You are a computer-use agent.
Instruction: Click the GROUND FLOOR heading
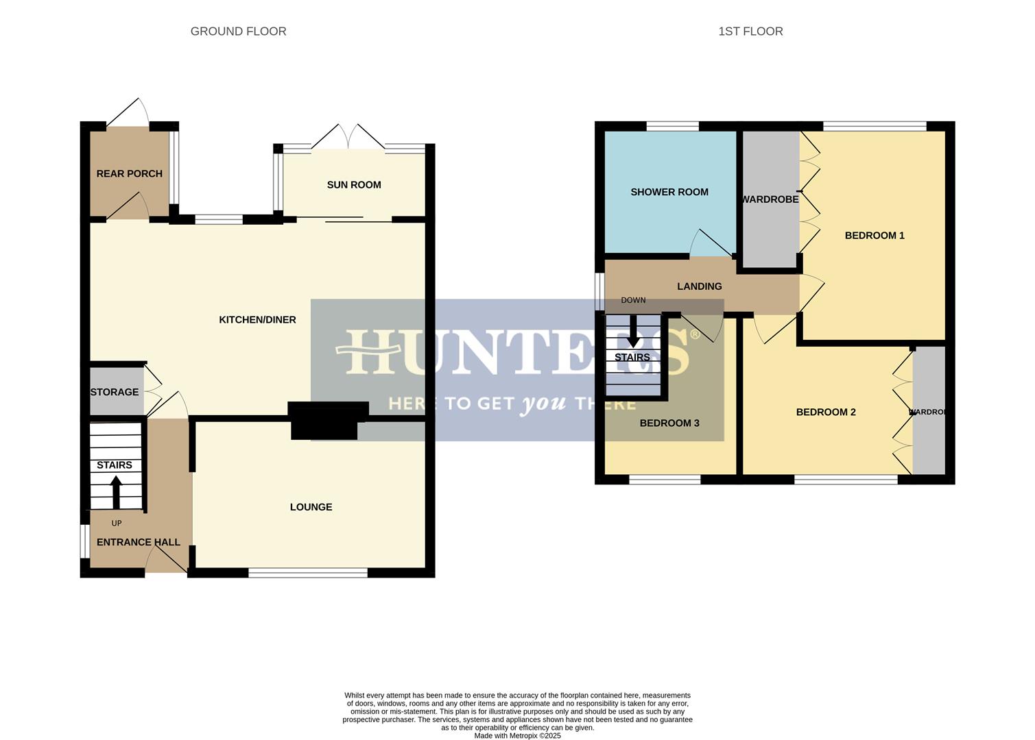click(238, 32)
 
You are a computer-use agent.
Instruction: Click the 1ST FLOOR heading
click(750, 32)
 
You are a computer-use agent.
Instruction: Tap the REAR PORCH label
click(130, 174)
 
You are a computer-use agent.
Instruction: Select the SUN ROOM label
click(354, 185)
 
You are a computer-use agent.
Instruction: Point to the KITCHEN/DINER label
click(257, 320)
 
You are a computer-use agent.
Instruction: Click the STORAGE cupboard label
click(115, 393)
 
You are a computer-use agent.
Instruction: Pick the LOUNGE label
click(311, 507)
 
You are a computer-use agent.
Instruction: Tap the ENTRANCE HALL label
click(139, 543)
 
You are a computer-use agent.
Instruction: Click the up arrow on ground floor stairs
click(116, 491)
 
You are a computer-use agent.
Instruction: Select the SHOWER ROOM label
click(669, 193)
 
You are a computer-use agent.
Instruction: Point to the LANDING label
click(700, 286)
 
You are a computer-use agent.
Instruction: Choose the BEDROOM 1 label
click(875, 236)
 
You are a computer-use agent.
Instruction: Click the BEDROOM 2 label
click(826, 412)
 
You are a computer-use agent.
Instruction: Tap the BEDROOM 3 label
click(669, 423)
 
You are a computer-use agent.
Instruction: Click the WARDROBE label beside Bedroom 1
click(770, 199)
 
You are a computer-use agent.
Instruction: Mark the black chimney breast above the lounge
click(324, 421)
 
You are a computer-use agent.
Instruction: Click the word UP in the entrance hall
click(117, 523)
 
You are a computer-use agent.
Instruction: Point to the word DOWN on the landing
click(633, 301)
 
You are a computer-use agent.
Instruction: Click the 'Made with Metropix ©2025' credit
click(517, 736)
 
